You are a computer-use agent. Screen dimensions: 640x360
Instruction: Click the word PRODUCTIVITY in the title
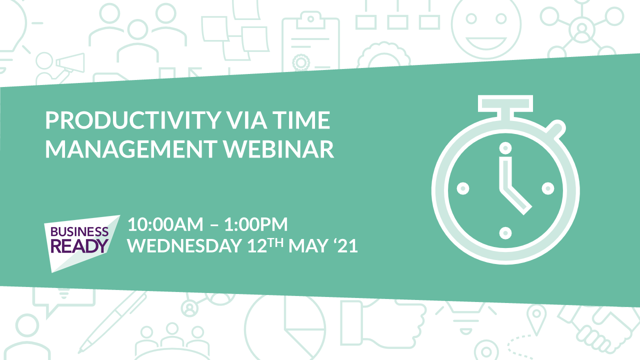(133, 120)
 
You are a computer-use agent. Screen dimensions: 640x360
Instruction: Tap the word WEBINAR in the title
(278, 149)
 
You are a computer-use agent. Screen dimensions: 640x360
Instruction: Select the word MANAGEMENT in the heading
(131, 149)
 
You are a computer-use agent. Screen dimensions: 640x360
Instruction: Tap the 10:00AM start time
(165, 224)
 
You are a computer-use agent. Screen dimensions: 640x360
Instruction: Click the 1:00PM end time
(255, 224)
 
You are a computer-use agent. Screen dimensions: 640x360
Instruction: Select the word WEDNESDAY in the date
(184, 245)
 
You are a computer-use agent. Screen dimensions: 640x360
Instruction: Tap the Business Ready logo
(82, 243)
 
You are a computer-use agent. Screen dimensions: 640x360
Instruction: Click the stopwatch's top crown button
(505, 104)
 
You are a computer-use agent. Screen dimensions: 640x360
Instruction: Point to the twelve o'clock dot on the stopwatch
(505, 148)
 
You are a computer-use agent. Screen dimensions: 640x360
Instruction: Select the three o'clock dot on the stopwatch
(548, 188)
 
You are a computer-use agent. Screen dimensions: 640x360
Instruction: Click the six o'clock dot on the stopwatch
(505, 233)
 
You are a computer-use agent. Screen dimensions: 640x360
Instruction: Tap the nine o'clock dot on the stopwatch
(463, 188)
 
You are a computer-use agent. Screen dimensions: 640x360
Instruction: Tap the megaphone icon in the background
(70, 62)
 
